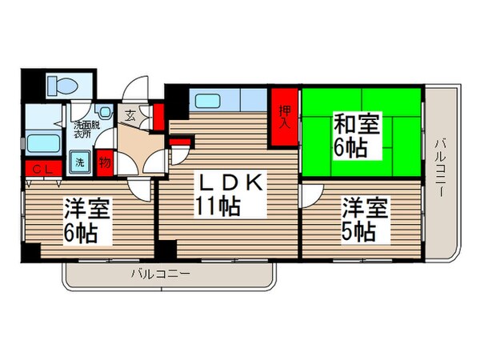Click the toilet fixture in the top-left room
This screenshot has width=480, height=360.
coord(58,85)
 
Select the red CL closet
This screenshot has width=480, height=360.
coord(38,169)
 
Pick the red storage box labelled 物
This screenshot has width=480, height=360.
coord(105,162)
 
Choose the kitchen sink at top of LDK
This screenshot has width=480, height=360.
coord(210,102)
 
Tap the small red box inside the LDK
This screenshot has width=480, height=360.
coord(182,144)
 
